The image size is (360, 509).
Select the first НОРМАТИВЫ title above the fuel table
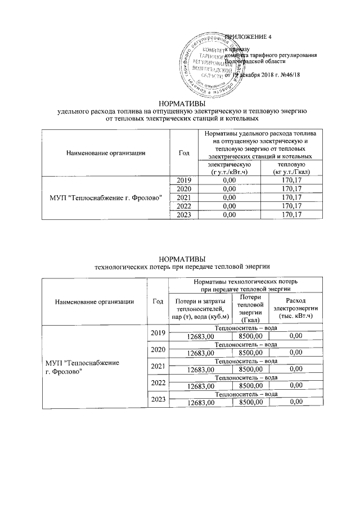point(179,103)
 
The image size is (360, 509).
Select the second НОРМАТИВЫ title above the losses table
point(179,258)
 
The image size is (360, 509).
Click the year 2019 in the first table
point(184,180)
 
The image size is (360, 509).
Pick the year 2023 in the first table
point(184,215)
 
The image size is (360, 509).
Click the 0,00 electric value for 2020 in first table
point(229,189)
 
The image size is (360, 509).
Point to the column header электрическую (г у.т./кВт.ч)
point(229,168)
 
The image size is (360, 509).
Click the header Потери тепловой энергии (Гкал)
point(250,308)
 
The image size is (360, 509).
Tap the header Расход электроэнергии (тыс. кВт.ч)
point(296,308)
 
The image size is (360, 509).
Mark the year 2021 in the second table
point(157,366)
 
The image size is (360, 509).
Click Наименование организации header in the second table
point(94,301)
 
